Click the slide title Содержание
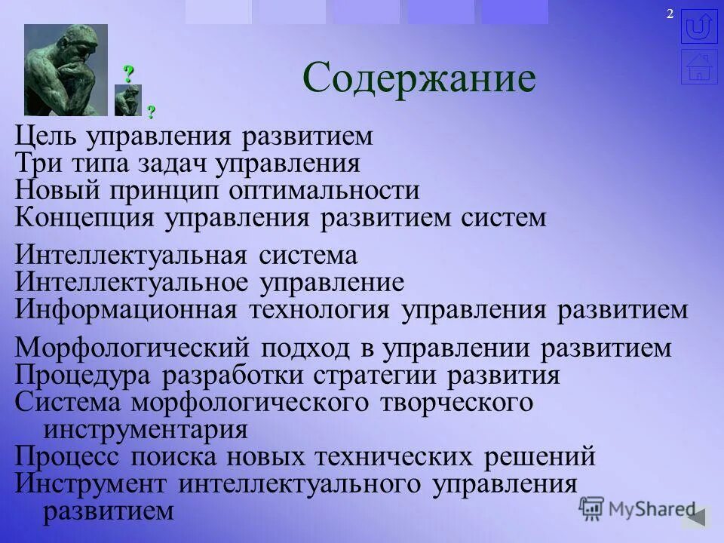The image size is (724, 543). point(419,78)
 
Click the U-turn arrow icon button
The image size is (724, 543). point(698,26)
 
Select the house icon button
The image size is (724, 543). point(698,66)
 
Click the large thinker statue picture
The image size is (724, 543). point(66,69)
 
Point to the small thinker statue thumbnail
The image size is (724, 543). point(127,100)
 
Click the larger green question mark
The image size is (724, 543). point(129,74)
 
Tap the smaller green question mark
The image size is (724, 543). point(151,112)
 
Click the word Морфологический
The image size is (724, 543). point(132,348)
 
